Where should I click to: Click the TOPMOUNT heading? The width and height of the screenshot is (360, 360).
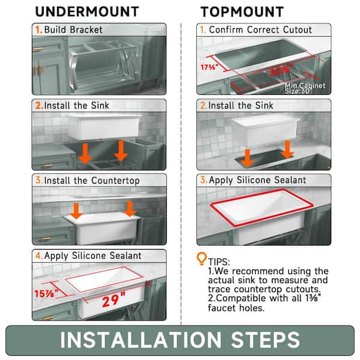pyautogui.click(x=242, y=11)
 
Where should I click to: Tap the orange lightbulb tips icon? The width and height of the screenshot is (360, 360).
pyautogui.click(x=202, y=259)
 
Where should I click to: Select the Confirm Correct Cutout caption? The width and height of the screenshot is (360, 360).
pyautogui.click(x=261, y=29)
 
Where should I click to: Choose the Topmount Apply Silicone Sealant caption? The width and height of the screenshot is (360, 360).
pyautogui.click(x=257, y=180)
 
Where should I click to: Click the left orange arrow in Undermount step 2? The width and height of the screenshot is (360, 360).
pyautogui.click(x=86, y=154)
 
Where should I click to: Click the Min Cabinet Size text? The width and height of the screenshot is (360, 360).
pyautogui.click(x=305, y=88)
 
